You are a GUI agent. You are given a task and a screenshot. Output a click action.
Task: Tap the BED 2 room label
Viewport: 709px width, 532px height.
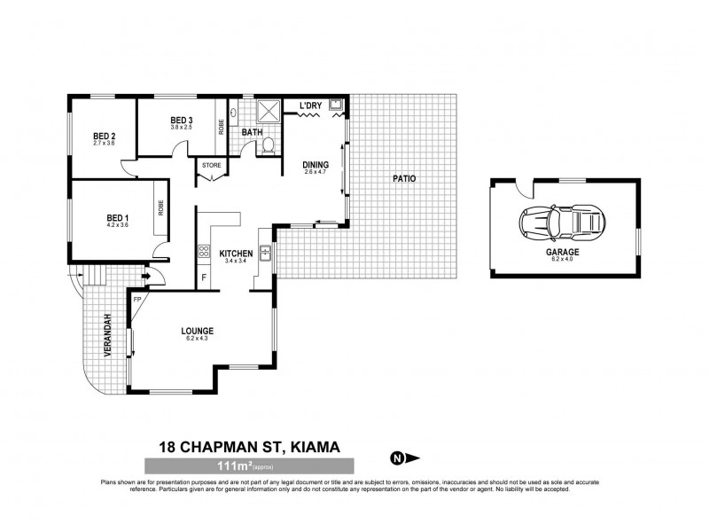coord(105,136)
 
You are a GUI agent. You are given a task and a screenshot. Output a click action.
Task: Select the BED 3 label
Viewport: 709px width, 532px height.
coord(181,121)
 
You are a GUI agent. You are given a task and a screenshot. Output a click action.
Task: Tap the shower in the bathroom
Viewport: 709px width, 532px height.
coord(268,113)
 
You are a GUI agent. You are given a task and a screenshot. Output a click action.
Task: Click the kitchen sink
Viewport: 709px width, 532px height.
coord(264,252)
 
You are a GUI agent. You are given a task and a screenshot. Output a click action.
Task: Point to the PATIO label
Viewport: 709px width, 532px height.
coord(403,179)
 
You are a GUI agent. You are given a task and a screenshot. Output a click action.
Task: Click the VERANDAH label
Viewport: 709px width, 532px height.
coord(106,336)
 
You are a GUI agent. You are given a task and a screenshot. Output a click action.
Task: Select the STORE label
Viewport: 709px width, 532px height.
coord(211,165)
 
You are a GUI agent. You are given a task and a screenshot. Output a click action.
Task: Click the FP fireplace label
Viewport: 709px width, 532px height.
coord(137,299)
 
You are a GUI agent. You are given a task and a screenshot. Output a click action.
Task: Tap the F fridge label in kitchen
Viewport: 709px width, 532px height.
coord(205,278)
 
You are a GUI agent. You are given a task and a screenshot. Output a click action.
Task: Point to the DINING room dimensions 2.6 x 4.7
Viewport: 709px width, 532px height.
coord(316,172)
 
